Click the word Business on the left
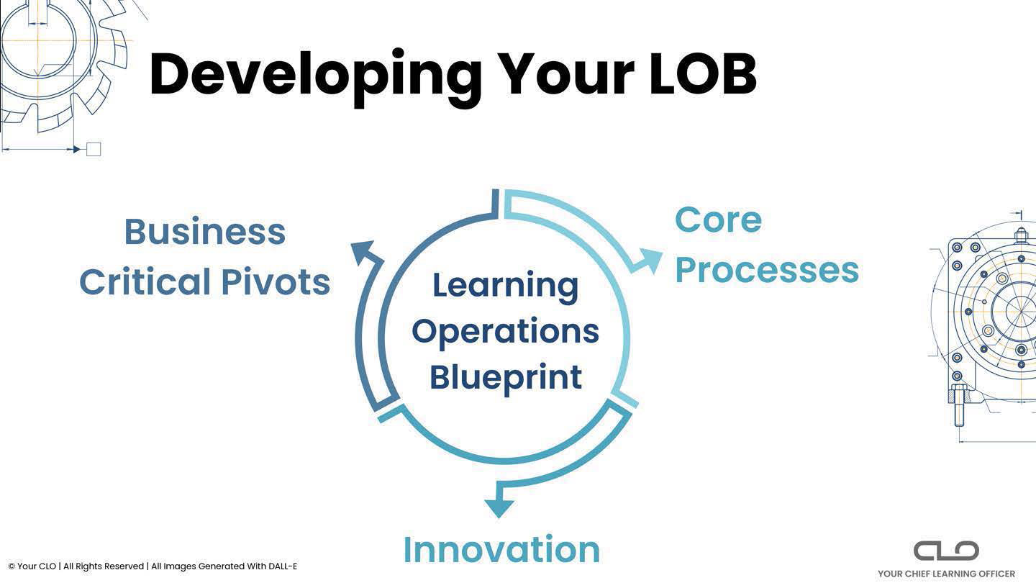[x=205, y=232]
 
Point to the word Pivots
[x=276, y=282]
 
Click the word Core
[x=718, y=220]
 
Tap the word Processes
[x=767, y=270]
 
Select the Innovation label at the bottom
[x=501, y=550]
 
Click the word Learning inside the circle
[x=505, y=285]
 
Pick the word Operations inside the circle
[x=505, y=331]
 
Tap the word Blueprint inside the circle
[x=505, y=377]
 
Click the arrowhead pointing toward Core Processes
[x=647, y=260]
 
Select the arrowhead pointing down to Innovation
[x=499, y=507]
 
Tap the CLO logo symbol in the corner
[x=946, y=551]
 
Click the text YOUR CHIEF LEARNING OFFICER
[x=946, y=574]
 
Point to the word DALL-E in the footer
[x=282, y=566]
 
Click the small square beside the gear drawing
[x=94, y=149]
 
